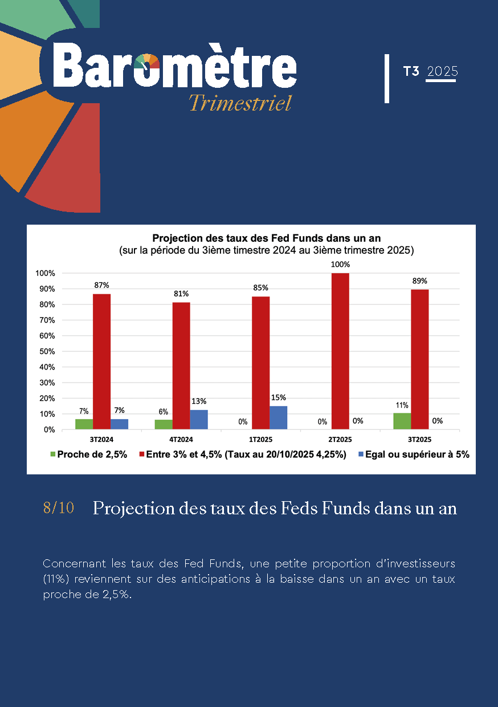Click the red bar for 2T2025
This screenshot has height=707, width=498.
(x=340, y=351)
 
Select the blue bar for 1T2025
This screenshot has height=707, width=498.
(x=278, y=417)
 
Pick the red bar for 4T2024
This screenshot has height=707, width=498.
(x=181, y=365)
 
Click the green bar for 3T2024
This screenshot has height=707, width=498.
(x=84, y=424)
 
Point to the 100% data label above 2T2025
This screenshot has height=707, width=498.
(x=340, y=265)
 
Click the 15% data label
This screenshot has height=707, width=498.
(x=279, y=397)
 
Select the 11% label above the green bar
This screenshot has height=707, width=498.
(x=402, y=405)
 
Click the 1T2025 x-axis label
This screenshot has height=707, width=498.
(x=261, y=440)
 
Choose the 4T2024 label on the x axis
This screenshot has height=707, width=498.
(x=181, y=440)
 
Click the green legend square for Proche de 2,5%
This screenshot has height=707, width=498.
(x=54, y=454)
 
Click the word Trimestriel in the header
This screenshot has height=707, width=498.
(x=240, y=103)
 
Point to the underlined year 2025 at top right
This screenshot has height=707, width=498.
(x=442, y=72)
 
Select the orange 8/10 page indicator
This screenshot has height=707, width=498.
(x=58, y=508)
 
